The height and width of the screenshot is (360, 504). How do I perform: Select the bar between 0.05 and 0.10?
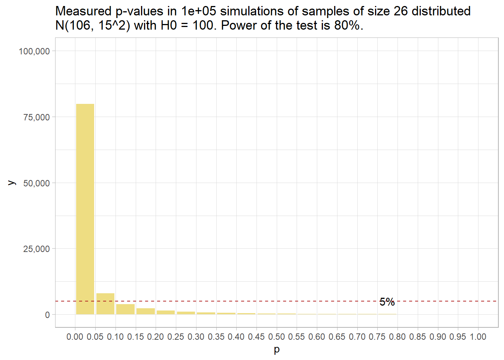tap(105, 304)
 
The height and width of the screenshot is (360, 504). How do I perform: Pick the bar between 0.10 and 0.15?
tap(125, 309)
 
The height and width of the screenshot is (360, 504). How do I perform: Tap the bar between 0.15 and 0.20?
tap(145, 311)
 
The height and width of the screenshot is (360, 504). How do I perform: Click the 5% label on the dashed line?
tap(387, 302)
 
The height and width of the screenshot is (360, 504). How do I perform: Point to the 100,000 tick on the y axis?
tap(34, 51)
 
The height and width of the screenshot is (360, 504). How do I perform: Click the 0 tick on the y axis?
tap(47, 315)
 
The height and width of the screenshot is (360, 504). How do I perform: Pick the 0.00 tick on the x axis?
tap(75, 337)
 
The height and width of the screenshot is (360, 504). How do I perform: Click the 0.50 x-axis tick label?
tap(276, 337)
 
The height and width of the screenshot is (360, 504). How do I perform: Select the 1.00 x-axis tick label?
tap(478, 337)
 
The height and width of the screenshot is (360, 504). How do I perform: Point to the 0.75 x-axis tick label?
tap(377, 337)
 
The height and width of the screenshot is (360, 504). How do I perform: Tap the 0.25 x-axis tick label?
tap(175, 337)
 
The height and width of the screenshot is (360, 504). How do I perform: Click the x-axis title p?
tap(277, 349)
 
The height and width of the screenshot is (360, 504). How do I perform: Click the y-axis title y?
tap(12, 183)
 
